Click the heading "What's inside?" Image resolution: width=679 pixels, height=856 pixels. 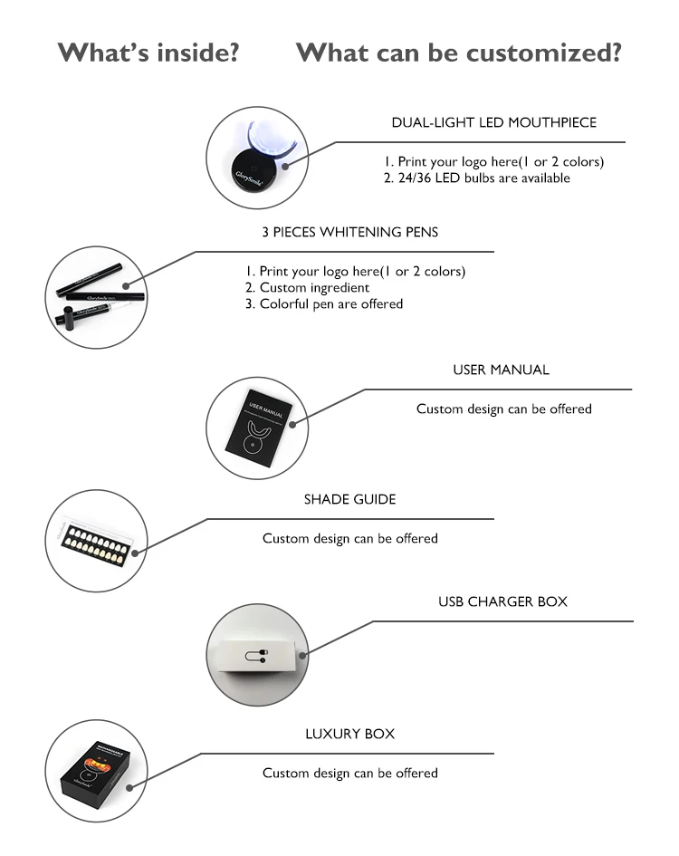click(x=148, y=53)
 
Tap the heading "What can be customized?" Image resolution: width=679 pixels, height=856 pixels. click(x=458, y=53)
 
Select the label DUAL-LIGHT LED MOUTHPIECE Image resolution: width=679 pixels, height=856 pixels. click(x=493, y=122)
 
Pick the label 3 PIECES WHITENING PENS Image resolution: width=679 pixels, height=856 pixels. click(x=349, y=232)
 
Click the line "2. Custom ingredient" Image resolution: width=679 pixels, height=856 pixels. click(x=307, y=287)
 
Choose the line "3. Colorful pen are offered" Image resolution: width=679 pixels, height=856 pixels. click(x=323, y=304)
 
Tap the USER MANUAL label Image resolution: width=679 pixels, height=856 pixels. click(x=501, y=370)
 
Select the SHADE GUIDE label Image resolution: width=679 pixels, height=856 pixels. click(x=349, y=499)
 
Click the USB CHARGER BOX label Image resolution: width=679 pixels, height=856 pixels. click(x=502, y=601)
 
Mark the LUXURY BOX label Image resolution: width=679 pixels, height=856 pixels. click(x=349, y=734)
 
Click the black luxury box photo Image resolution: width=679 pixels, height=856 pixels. click(x=95, y=770)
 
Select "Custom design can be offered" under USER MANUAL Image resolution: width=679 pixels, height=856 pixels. click(x=503, y=409)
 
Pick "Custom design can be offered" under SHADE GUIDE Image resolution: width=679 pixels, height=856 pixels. click(x=349, y=539)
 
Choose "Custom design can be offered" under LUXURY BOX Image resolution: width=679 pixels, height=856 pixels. click(x=349, y=774)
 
